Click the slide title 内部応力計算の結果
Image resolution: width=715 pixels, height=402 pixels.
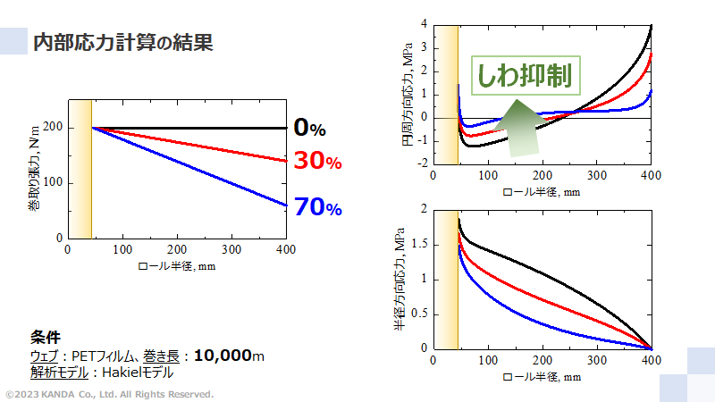point(122,42)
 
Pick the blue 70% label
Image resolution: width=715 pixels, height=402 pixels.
point(318,207)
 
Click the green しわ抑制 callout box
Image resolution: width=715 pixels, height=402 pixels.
point(525,75)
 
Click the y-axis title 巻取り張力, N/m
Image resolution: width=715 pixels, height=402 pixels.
point(33,171)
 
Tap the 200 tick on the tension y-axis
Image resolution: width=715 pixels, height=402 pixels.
point(53,128)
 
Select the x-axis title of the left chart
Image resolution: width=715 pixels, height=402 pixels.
point(176,265)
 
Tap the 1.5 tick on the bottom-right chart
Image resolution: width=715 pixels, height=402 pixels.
point(418,244)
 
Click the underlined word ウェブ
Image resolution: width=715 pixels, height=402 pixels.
point(44,356)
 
